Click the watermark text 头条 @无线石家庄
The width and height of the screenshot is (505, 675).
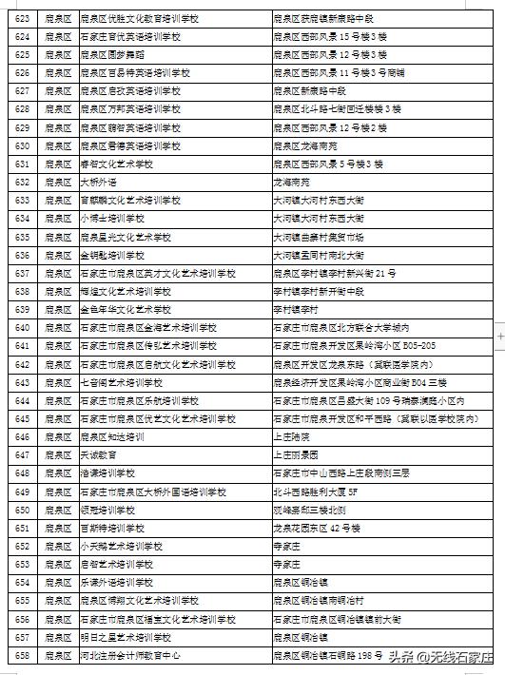pos(442,657)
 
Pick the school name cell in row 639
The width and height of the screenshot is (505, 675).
pos(125,309)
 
